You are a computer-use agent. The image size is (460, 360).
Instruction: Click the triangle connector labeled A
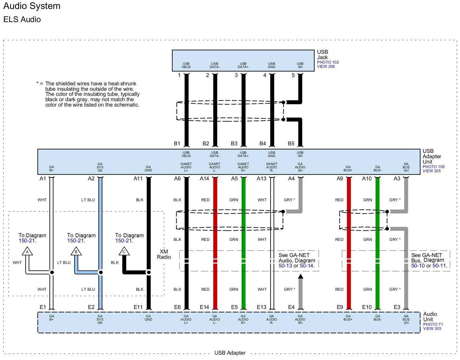(x=27, y=252)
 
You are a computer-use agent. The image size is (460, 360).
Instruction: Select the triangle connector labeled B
(x=76, y=252)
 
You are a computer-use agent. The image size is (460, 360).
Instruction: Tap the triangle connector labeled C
(x=124, y=252)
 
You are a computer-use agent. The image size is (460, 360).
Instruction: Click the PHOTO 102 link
(x=328, y=62)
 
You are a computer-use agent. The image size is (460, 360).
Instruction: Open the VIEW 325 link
(x=431, y=171)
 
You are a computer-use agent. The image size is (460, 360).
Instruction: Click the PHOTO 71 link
(x=433, y=324)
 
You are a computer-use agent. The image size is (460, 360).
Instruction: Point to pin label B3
(x=234, y=144)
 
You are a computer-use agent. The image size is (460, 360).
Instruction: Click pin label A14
(x=204, y=179)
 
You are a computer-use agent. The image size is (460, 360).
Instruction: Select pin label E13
(x=262, y=307)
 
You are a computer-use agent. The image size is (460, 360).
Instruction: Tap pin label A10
(x=367, y=179)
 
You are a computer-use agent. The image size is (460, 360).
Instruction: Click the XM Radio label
(x=164, y=254)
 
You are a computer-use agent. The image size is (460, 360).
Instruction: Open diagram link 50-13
(x=285, y=266)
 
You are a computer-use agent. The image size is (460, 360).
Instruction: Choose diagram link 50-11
(x=439, y=266)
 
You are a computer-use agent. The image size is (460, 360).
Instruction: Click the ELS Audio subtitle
(x=22, y=19)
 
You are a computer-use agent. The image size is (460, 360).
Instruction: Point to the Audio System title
(x=32, y=6)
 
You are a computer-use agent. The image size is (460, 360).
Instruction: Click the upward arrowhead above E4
(x=300, y=276)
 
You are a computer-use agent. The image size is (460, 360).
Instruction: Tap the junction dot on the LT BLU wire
(x=101, y=272)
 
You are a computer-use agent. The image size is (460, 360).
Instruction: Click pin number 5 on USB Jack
(x=293, y=75)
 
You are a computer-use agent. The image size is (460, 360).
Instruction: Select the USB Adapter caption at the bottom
(x=230, y=353)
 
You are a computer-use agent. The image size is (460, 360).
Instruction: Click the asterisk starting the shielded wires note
(x=38, y=84)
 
